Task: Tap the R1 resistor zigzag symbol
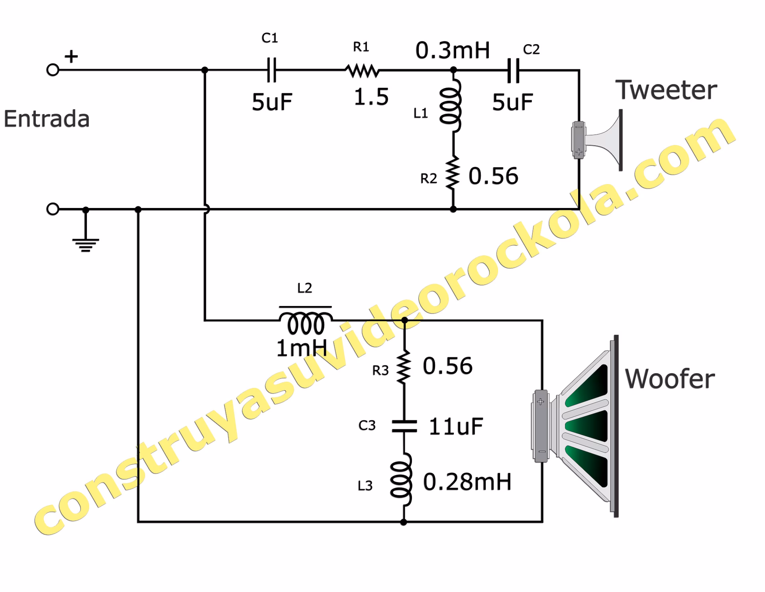tap(363, 71)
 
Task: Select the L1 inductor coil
tap(451, 106)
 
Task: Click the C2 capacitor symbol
tap(513, 71)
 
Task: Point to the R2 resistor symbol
tap(453, 173)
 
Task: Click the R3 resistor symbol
tap(404, 367)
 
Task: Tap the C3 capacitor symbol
tap(404, 426)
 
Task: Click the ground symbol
tap(85, 243)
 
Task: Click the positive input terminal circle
tap(53, 70)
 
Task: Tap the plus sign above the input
tap(71, 56)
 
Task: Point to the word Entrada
tap(47, 119)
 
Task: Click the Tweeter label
tap(666, 90)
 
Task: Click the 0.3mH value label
tap(452, 51)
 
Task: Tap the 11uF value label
tap(456, 426)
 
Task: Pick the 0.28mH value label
tap(467, 482)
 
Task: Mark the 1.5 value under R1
tap(371, 97)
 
